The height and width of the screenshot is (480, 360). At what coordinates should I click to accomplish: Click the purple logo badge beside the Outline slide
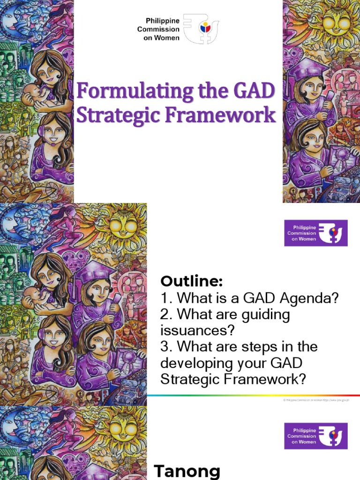tap(316, 233)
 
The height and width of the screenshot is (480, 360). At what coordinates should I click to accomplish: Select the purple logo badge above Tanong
tap(316, 436)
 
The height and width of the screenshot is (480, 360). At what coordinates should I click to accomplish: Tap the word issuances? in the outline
tap(197, 330)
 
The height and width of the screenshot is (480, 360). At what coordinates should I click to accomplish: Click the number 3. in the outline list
tap(166, 347)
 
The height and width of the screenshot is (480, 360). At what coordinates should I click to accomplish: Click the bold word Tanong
tap(187, 471)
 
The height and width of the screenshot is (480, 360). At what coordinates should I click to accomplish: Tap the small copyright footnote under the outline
tap(316, 400)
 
